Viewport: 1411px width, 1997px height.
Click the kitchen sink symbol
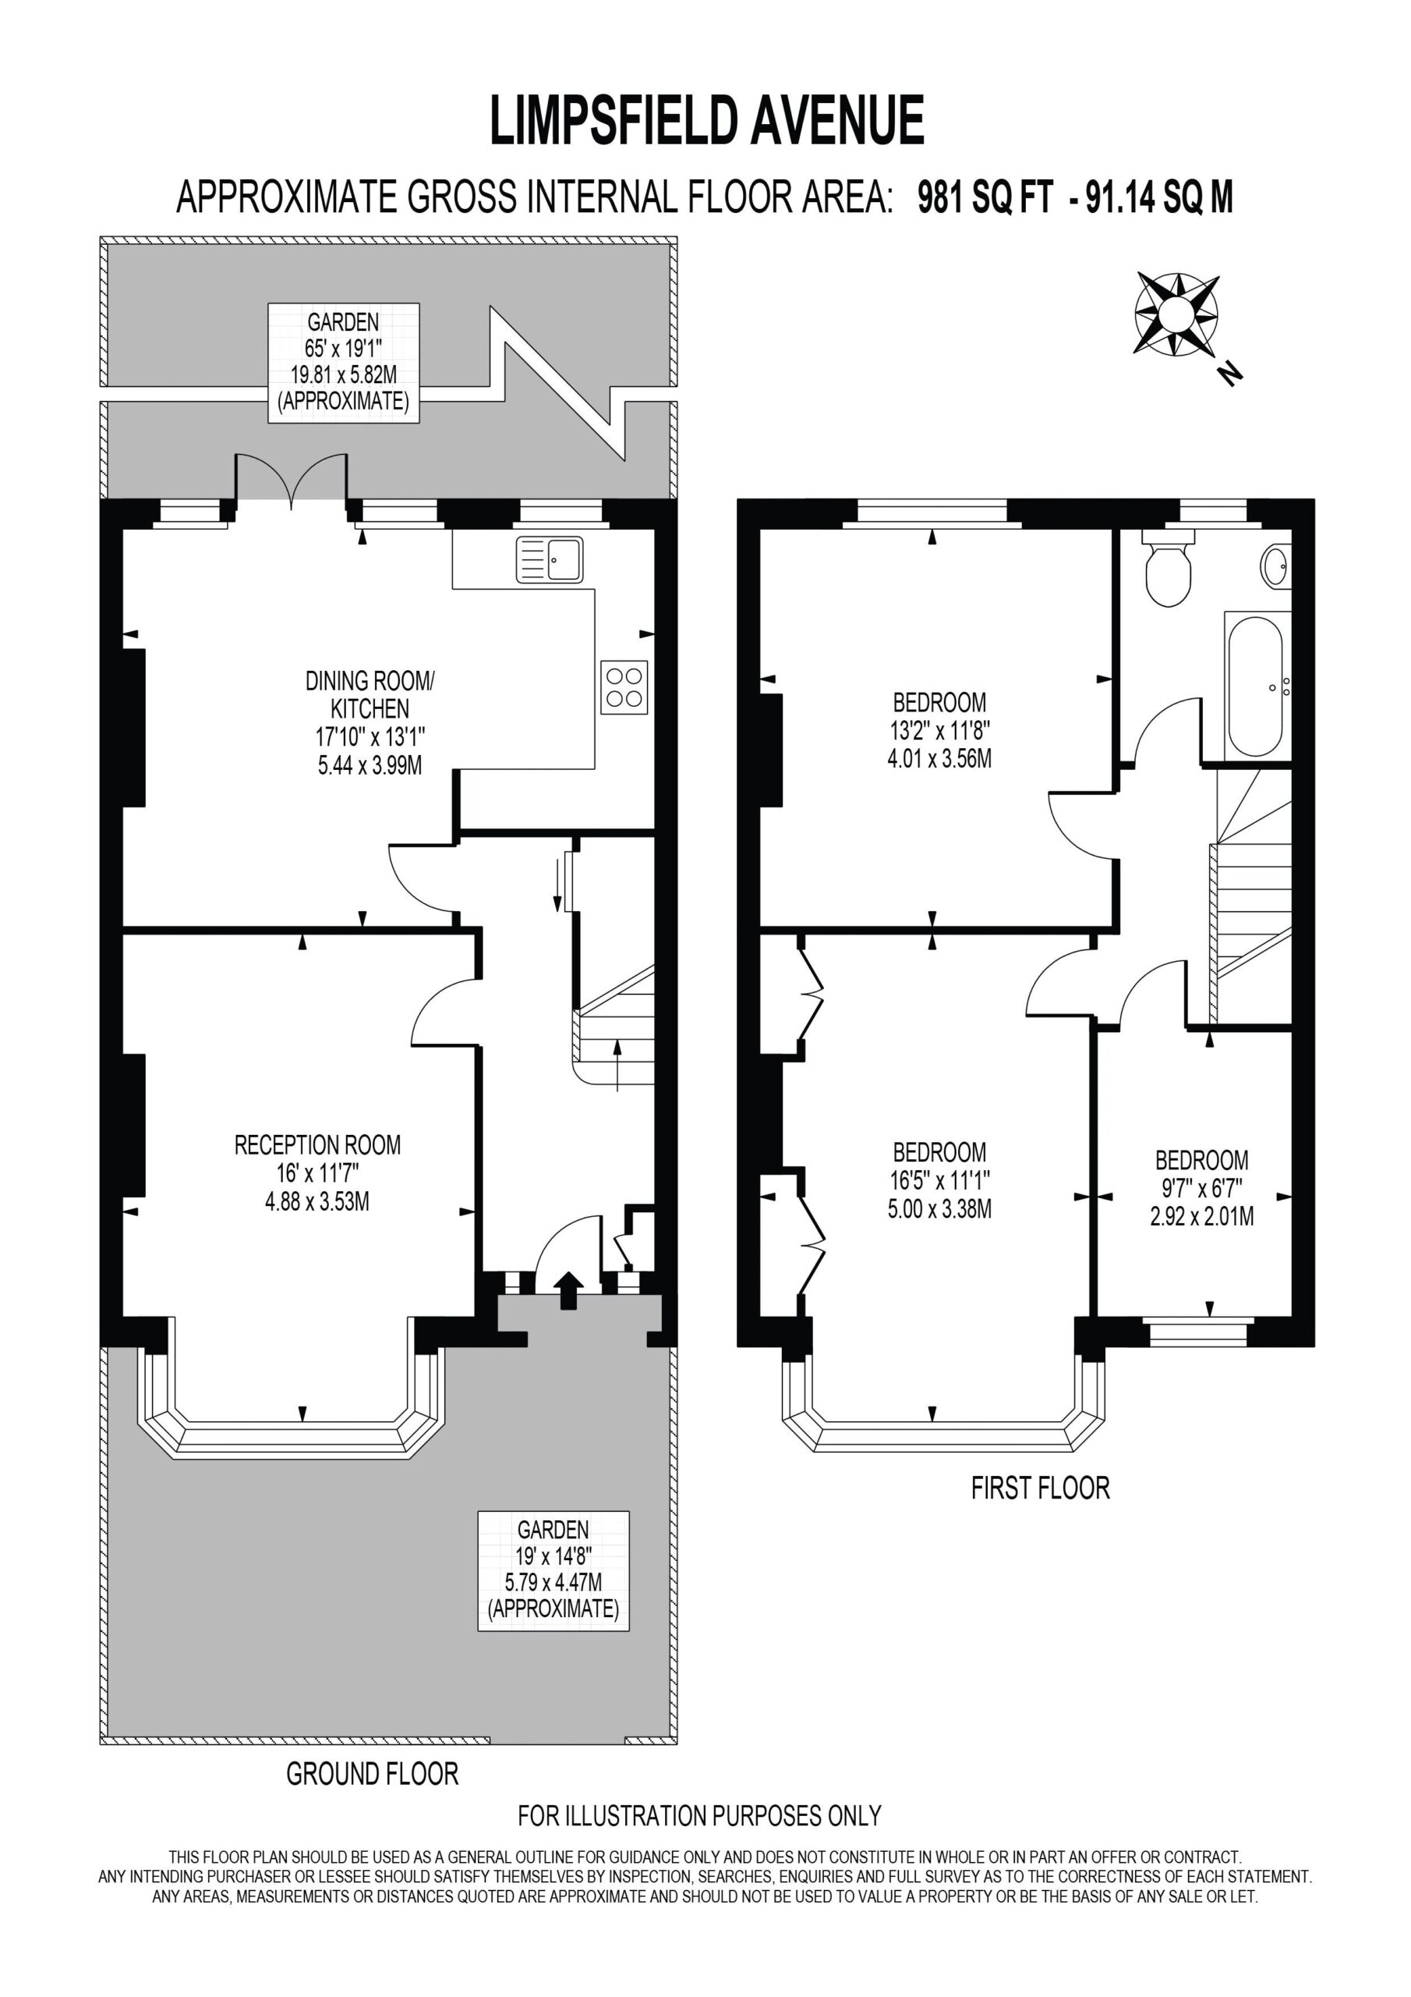[550, 559]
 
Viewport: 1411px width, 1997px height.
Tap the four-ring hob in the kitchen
[624, 688]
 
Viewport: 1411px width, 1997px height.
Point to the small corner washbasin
[1276, 566]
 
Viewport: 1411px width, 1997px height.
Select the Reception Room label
[317, 1144]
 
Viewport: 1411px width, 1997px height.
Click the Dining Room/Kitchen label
[370, 693]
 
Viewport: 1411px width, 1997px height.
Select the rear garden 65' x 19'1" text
[344, 349]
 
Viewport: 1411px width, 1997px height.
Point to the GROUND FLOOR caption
[372, 1773]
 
